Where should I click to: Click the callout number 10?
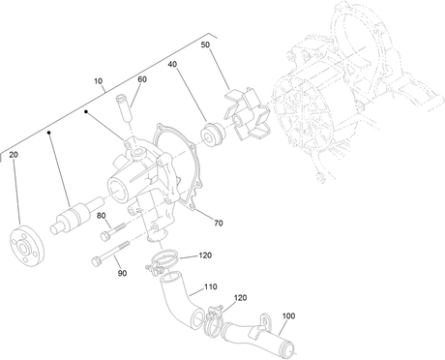point(99,81)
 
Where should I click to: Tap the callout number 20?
point(14,155)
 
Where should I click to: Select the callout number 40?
point(172,65)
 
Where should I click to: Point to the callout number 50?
point(205,45)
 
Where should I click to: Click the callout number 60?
point(142,79)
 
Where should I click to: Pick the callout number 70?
point(219,223)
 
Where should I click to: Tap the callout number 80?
point(102,216)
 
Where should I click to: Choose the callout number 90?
point(122,274)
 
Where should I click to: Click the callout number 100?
point(288,316)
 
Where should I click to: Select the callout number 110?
point(211,286)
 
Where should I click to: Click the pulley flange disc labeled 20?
point(27,248)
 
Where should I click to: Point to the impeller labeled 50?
point(247,114)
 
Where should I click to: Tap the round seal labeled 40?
point(211,134)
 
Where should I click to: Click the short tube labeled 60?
point(123,107)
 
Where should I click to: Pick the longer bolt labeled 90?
point(110,254)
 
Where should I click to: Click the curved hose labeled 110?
point(182,298)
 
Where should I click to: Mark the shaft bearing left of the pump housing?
point(77,215)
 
